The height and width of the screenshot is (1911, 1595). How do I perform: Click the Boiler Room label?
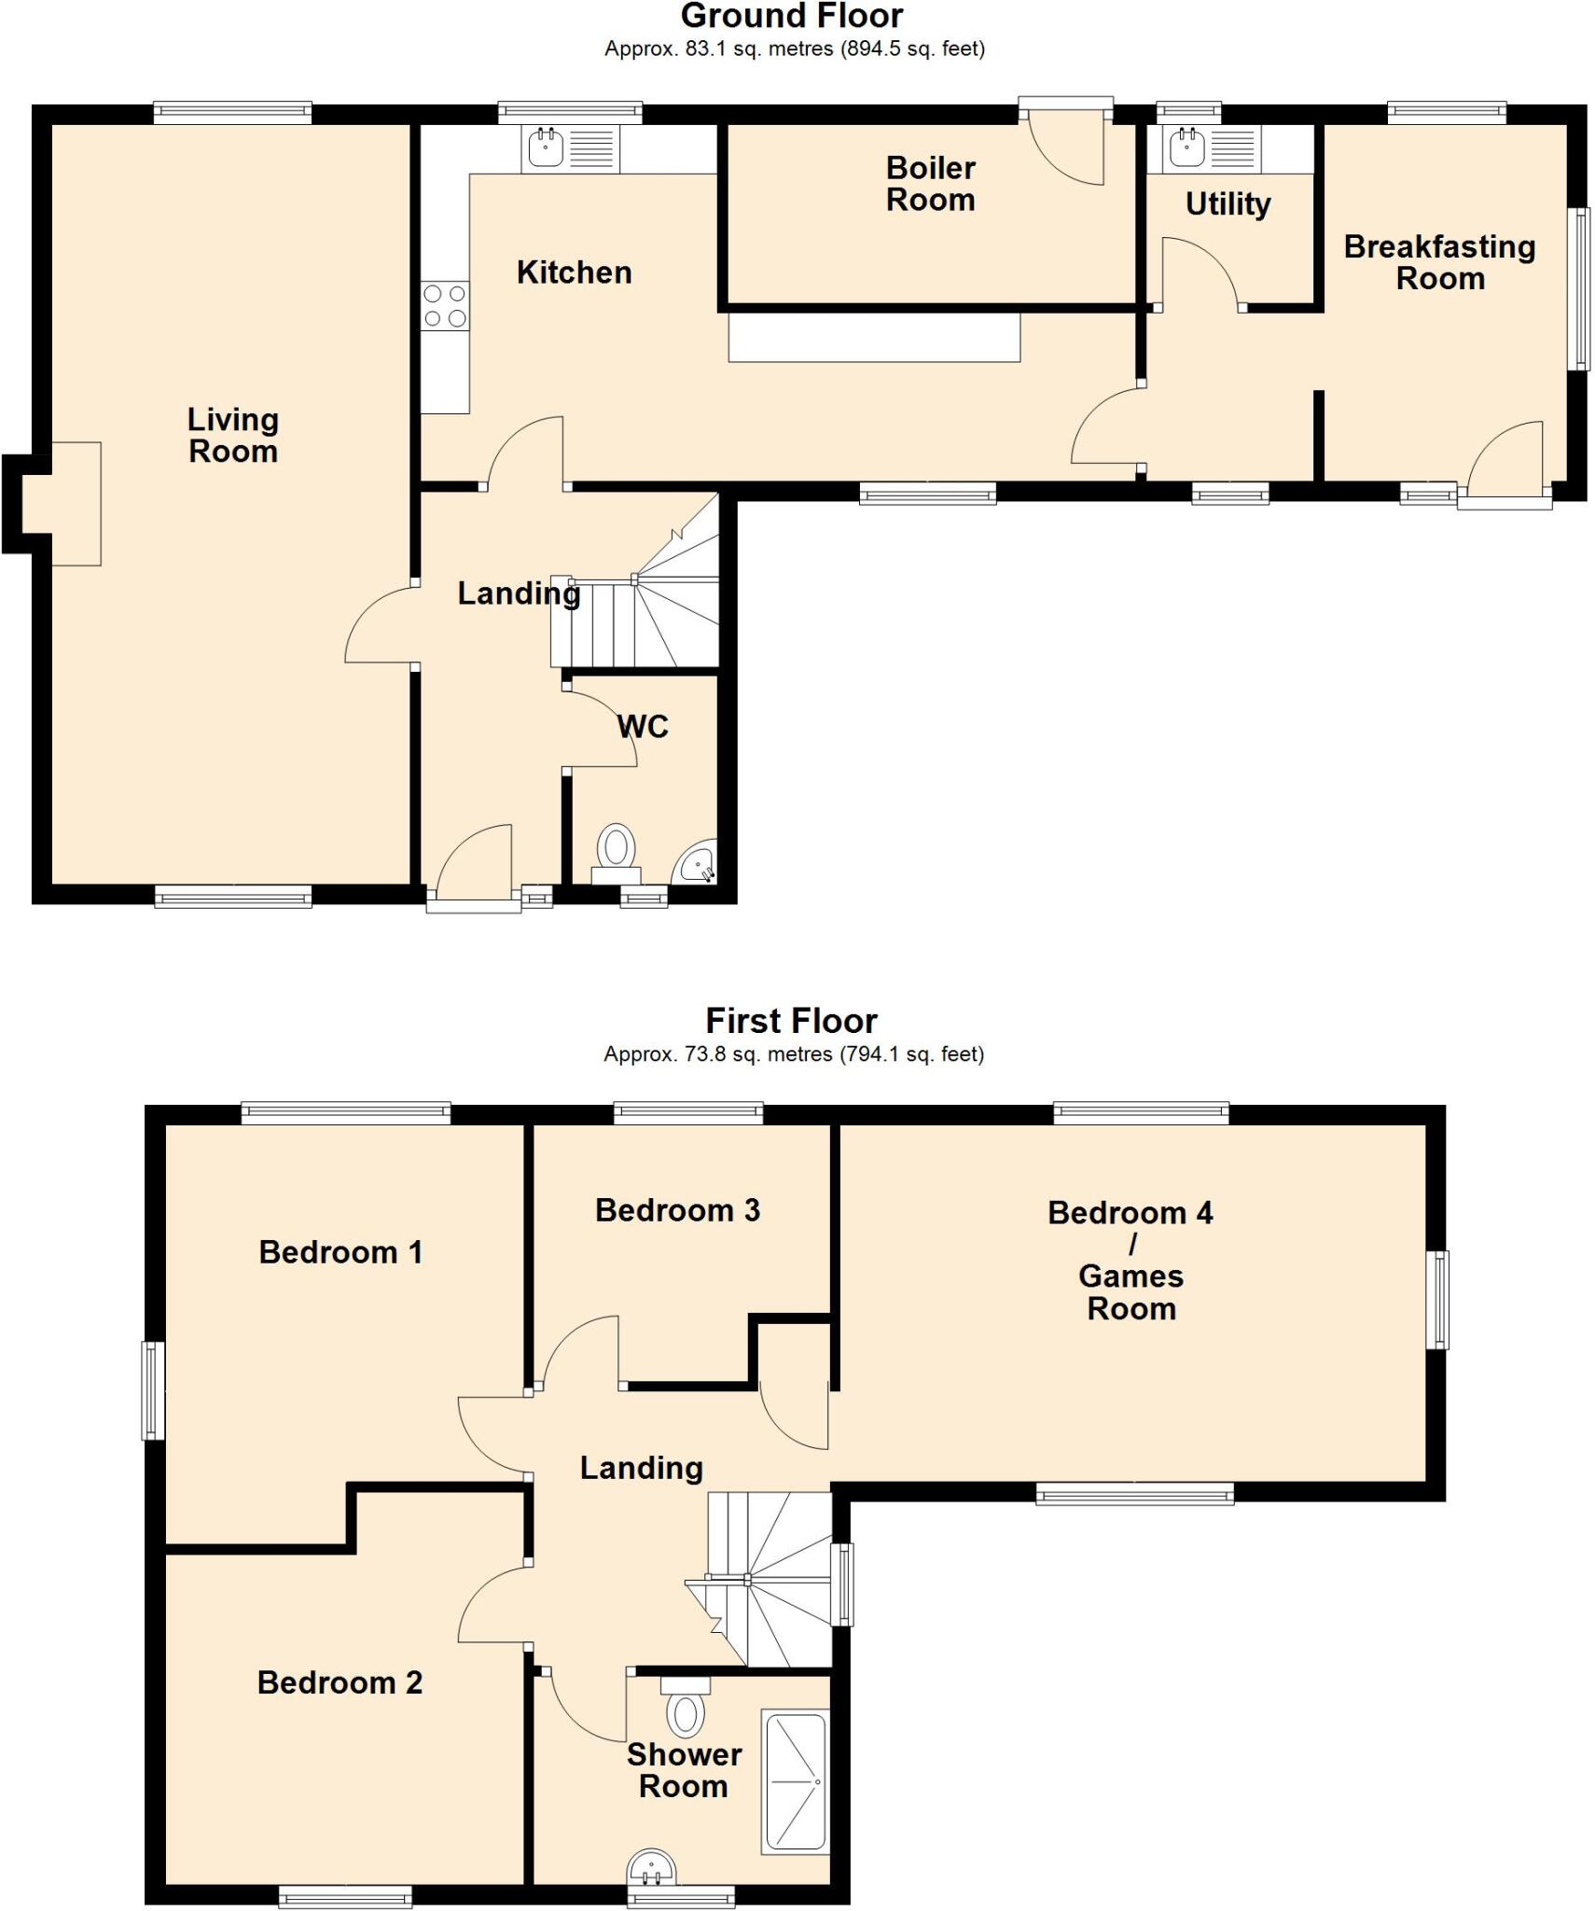click(x=930, y=184)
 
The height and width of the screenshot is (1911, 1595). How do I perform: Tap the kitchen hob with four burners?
click(x=445, y=306)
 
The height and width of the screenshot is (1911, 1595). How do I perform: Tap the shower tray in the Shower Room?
click(x=795, y=1781)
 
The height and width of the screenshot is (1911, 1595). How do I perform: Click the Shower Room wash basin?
click(x=651, y=1866)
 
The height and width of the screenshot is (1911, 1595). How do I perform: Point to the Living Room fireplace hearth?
click(x=75, y=504)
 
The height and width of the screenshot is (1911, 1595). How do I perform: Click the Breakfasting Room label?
click(x=1439, y=262)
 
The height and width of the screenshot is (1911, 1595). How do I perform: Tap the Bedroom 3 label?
click(x=677, y=1210)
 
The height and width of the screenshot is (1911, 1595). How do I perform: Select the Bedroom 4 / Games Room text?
click(x=1130, y=1260)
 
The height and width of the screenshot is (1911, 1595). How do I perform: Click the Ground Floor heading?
click(x=792, y=16)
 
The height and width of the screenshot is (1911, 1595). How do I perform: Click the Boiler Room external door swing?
click(x=1068, y=149)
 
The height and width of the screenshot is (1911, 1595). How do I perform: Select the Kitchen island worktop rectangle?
click(x=874, y=338)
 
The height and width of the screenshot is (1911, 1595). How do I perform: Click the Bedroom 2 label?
click(x=340, y=1682)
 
